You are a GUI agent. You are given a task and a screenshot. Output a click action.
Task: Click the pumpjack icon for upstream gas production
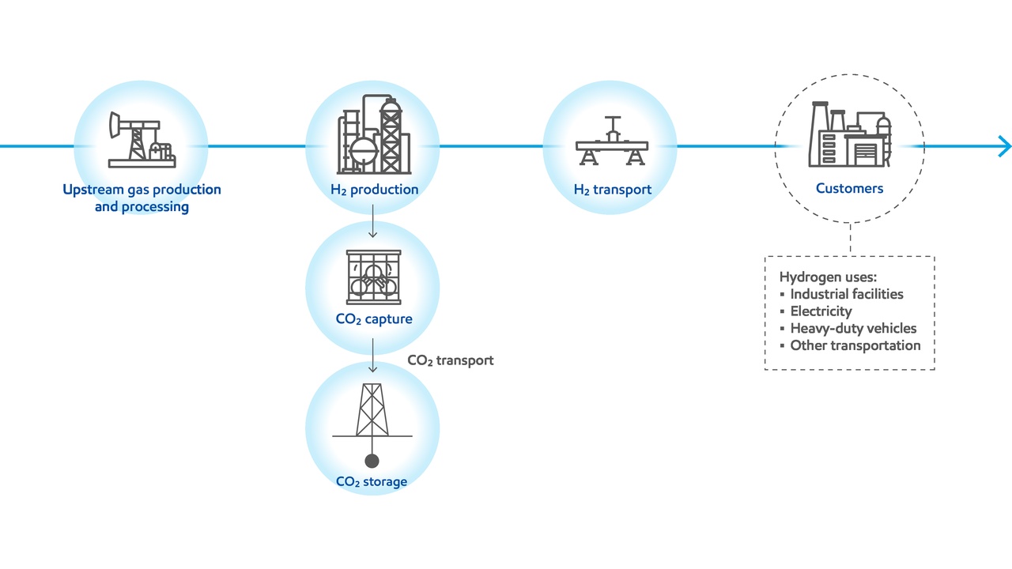(141, 140)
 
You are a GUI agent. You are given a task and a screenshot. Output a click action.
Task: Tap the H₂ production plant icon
(374, 136)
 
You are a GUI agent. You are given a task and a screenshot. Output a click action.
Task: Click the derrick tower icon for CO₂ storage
(372, 411)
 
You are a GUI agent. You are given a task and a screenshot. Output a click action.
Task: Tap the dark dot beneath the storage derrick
(372, 461)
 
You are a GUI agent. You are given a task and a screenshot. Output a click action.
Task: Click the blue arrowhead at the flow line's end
(1004, 146)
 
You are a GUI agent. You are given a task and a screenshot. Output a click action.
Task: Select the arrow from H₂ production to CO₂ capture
(373, 220)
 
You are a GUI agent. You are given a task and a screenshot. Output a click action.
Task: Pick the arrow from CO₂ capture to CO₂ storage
(373, 356)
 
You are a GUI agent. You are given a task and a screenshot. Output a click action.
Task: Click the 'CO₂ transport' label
(450, 360)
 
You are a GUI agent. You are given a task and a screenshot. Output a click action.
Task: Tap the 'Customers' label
(849, 189)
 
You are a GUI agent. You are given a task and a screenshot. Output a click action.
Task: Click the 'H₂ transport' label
(612, 190)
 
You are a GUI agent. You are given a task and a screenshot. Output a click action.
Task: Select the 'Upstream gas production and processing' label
(142, 198)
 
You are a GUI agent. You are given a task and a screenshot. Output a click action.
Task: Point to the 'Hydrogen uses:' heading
(829, 277)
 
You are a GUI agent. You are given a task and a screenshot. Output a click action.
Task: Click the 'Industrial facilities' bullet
(846, 294)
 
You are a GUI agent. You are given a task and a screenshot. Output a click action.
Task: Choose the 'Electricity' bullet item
(821, 311)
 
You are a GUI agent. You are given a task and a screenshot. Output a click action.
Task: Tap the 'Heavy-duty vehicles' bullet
(853, 328)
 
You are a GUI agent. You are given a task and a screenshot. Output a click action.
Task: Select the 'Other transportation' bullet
(855, 345)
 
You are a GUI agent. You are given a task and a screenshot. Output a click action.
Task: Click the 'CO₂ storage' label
(372, 481)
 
